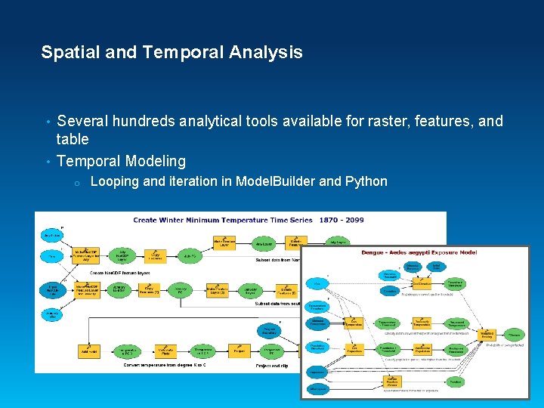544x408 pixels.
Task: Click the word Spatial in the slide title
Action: [x=66, y=53]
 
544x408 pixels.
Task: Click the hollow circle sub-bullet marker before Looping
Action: [x=77, y=183]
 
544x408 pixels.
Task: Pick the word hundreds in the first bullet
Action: [x=143, y=121]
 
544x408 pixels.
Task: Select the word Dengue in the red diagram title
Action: [x=375, y=252]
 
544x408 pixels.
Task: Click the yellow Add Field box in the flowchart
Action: [x=89, y=351]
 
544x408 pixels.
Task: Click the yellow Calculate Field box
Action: [x=165, y=351]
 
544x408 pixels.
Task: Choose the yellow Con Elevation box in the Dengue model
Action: [x=412, y=285]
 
